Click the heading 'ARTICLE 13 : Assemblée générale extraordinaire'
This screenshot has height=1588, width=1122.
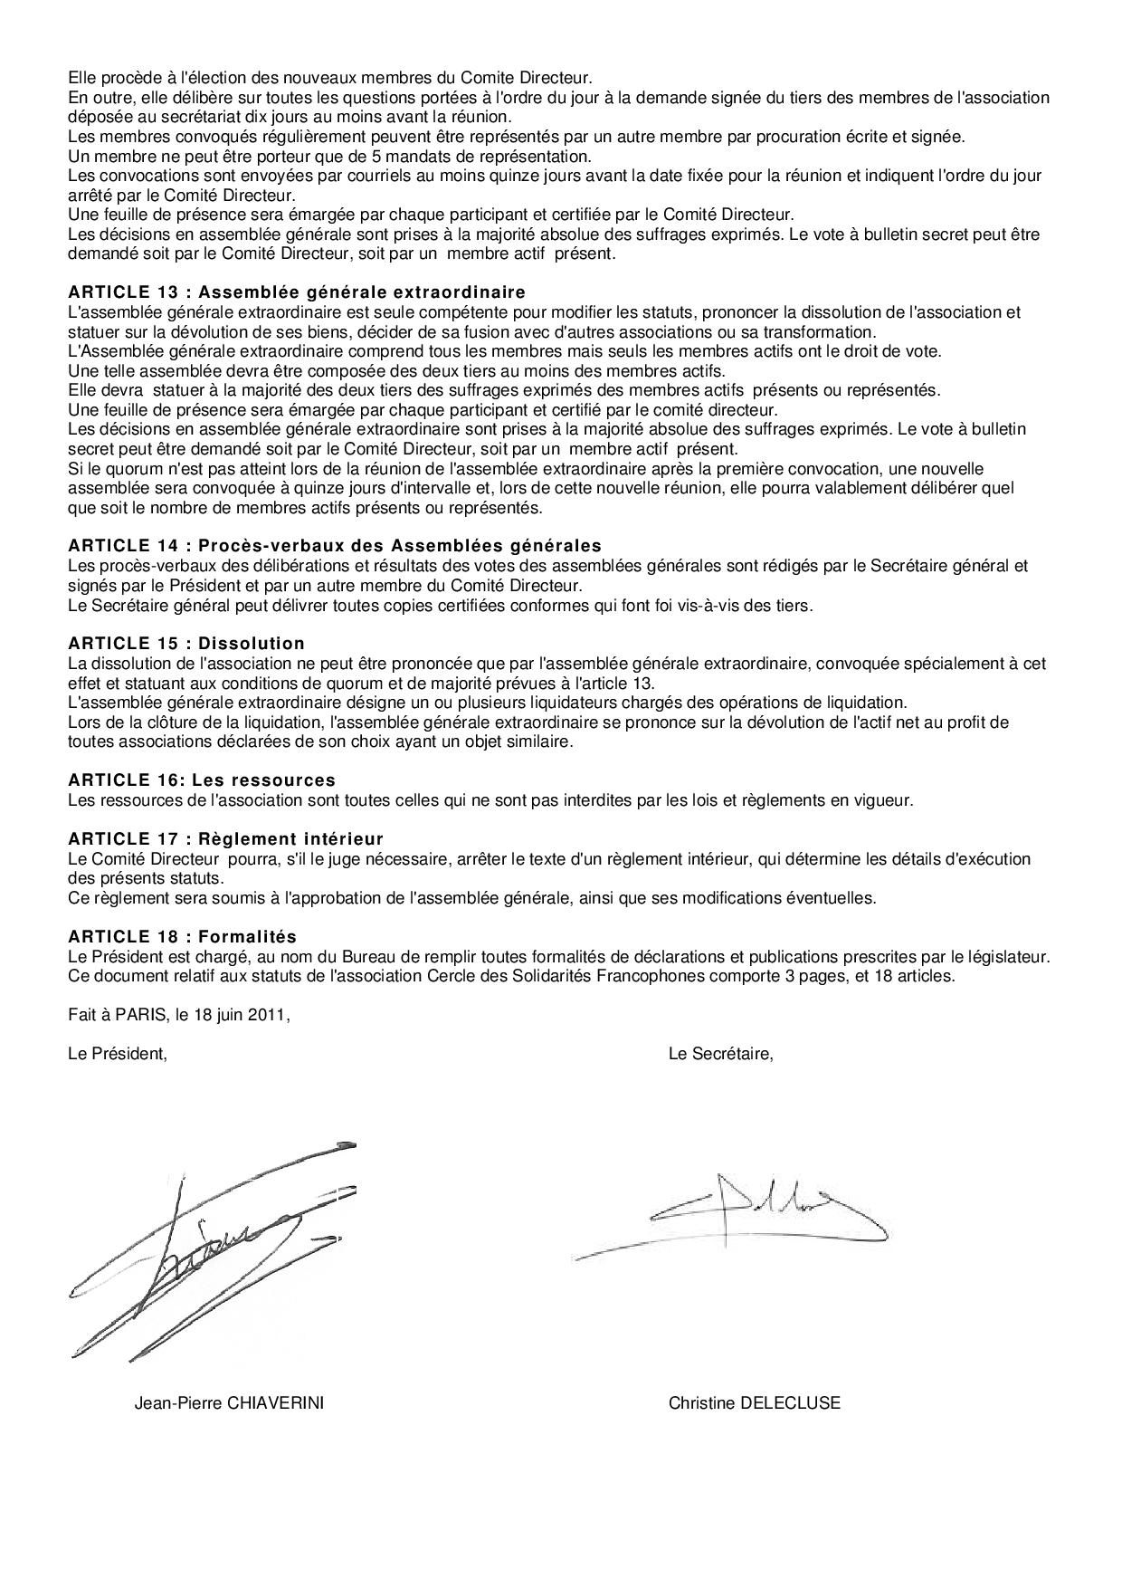coord(297,292)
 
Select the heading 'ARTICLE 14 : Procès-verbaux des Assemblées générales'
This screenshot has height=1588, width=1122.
coord(335,546)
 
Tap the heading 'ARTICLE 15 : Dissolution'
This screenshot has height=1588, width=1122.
coord(186,644)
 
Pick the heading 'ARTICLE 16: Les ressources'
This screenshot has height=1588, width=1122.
coord(202,780)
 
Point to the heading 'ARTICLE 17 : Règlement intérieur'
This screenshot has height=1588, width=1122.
coord(226,839)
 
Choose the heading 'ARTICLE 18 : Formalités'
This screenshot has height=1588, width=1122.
coord(182,937)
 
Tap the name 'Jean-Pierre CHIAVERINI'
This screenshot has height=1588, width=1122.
coord(229,1404)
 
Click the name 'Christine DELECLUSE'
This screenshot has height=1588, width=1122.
coord(754,1404)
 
